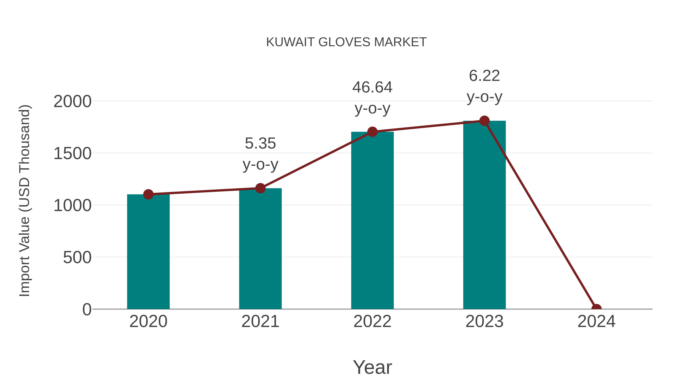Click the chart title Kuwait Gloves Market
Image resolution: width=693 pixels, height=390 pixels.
(346, 42)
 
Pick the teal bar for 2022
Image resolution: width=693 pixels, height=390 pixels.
(372, 221)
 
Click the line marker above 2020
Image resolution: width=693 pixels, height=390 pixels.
(148, 194)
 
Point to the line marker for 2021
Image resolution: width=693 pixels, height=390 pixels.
(260, 188)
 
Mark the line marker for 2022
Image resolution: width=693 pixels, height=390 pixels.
(372, 132)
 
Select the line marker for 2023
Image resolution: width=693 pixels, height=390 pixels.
(484, 121)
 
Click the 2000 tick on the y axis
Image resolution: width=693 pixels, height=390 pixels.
(72, 102)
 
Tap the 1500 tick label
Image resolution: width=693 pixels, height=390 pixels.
(72, 154)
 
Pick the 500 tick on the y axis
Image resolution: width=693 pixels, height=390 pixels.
(77, 257)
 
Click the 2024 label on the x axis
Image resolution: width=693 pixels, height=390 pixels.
(596, 321)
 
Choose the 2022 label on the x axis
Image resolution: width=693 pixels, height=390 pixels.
(372, 321)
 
